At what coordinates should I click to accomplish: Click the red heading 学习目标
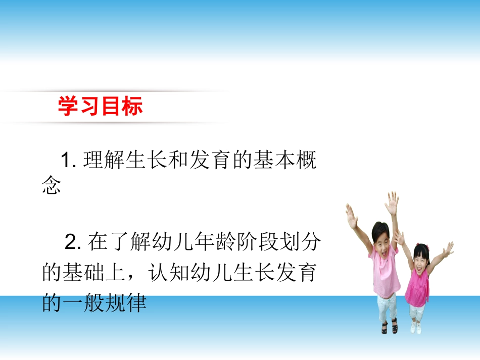pos(100,107)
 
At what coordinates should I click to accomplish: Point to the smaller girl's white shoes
pos(416,328)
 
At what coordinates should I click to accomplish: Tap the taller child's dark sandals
pos(389,327)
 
